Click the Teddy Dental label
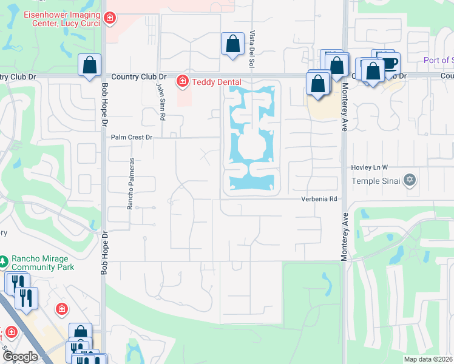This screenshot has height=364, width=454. click(215, 82)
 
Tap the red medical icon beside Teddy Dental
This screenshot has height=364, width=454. click(181, 81)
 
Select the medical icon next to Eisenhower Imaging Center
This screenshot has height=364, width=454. click(109, 19)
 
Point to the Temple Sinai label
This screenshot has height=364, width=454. click(377, 181)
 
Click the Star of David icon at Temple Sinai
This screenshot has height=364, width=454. click(410, 180)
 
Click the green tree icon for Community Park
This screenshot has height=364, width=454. click(4, 261)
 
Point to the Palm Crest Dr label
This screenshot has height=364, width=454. click(131, 138)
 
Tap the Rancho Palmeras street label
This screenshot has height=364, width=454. click(130, 184)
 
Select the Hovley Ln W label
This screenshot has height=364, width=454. click(369, 167)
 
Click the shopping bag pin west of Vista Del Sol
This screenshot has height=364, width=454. click(232, 44)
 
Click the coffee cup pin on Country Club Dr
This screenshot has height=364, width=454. click(389, 62)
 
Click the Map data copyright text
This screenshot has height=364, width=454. click(428, 359)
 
